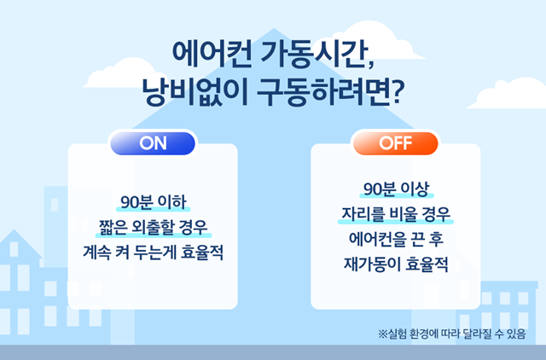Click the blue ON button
pos(153,143)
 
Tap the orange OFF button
pos(396,143)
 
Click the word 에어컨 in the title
pos(212,55)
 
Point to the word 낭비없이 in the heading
pos(195,92)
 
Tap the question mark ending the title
pos(396,92)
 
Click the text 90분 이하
pos(154,202)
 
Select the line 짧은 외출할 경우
pos(154,228)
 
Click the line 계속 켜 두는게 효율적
pos(153,253)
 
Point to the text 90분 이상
pos(396,189)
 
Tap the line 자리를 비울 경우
pos(396,214)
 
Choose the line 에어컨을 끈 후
pos(396,239)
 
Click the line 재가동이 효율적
pos(396,264)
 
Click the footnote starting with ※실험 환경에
pos(451,334)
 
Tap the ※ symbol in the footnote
pos(383,334)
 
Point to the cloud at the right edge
pos(509,93)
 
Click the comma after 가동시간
pos(370,65)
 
